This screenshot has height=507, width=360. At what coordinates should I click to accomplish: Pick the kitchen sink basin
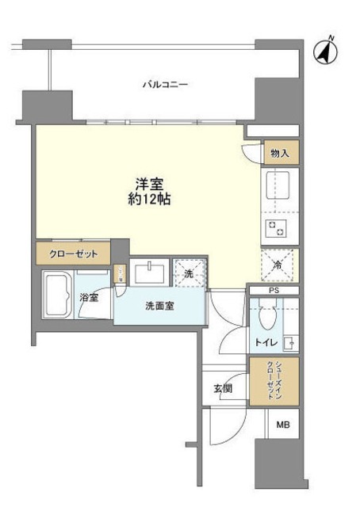[281, 189]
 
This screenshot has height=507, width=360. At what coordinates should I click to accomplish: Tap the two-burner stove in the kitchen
[281, 229]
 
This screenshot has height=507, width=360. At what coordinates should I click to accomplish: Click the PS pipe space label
[274, 292]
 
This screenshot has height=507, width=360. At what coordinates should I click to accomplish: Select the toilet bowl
[266, 322]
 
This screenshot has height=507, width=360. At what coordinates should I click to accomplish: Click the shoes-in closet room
[274, 381]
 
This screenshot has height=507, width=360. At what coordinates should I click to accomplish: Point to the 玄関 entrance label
[222, 388]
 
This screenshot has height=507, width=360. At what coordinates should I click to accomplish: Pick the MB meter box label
[282, 425]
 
